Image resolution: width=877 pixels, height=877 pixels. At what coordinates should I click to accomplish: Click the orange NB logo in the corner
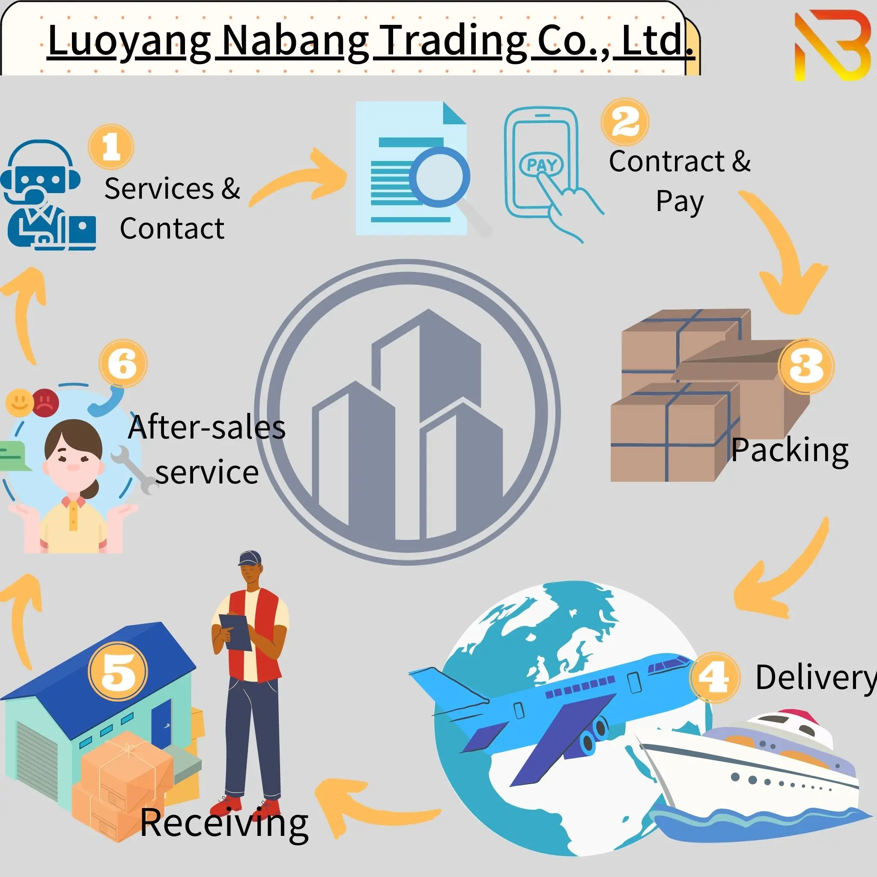click(x=832, y=45)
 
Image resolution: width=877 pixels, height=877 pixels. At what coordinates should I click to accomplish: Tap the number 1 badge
click(x=111, y=146)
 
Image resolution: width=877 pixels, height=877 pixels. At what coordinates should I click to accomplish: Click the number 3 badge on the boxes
click(x=806, y=366)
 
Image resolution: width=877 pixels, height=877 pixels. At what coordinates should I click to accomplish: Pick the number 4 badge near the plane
click(x=714, y=677)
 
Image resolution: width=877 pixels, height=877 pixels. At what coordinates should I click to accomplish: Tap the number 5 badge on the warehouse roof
click(x=118, y=671)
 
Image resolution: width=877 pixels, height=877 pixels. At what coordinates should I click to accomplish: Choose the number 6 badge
click(x=123, y=363)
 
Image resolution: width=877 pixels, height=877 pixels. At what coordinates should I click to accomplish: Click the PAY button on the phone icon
click(x=541, y=164)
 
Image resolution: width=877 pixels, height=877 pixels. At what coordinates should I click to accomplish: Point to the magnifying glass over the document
click(x=439, y=177)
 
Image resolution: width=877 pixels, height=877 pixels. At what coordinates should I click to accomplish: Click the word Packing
click(x=790, y=450)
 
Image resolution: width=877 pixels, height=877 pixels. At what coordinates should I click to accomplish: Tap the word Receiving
click(x=224, y=823)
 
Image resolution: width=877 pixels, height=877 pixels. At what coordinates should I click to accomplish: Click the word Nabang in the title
click(x=295, y=41)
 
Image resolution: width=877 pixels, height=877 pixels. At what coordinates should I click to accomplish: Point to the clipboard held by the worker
click(x=236, y=632)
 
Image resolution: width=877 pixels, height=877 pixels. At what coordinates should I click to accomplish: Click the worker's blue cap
click(x=250, y=558)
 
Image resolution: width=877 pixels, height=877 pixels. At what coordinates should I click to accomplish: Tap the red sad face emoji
click(x=45, y=402)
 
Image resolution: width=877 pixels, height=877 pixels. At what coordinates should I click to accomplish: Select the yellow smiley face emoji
click(x=20, y=402)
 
